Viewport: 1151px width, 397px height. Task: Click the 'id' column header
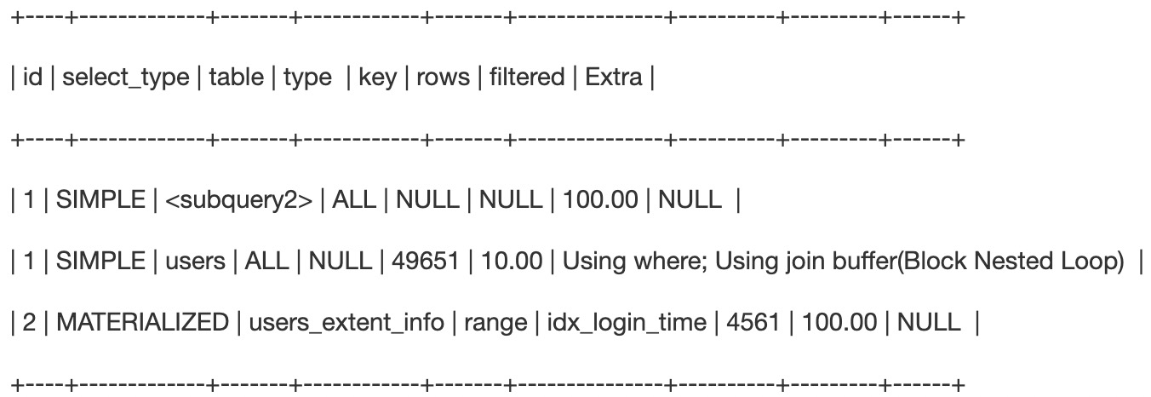pyautogui.click(x=32, y=78)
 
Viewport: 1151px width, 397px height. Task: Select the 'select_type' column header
pyautogui.click(x=126, y=78)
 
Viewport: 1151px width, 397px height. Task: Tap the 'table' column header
pyautogui.click(x=237, y=78)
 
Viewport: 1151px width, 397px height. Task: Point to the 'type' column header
pyautogui.click(x=307, y=78)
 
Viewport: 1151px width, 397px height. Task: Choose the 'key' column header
pyautogui.click(x=378, y=78)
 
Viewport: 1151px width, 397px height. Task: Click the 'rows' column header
pyautogui.click(x=443, y=78)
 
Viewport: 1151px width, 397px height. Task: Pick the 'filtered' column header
pyautogui.click(x=527, y=78)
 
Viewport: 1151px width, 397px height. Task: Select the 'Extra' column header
pyautogui.click(x=614, y=78)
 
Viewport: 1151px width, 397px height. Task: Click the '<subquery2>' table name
pyautogui.click(x=239, y=200)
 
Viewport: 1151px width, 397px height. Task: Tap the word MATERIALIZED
pyautogui.click(x=142, y=322)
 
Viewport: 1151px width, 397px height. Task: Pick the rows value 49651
pyautogui.click(x=426, y=262)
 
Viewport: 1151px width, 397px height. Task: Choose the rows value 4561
pyautogui.click(x=753, y=322)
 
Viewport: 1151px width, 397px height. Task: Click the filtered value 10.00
pyautogui.click(x=512, y=262)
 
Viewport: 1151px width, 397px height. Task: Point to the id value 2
pyautogui.click(x=29, y=322)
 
